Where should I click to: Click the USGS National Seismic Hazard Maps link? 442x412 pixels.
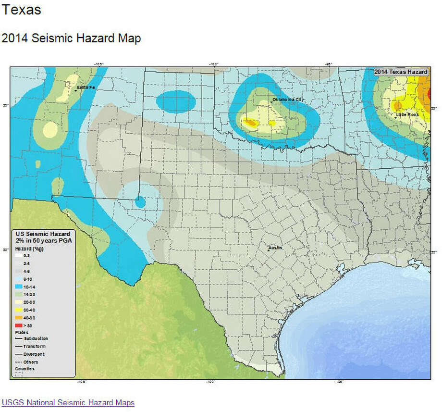pos(68,402)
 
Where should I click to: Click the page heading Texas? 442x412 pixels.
pos(22,10)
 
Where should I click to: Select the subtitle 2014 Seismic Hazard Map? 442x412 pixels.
pos(71,38)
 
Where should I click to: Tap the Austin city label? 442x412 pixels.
pos(275,248)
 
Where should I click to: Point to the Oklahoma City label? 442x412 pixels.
pos(288,100)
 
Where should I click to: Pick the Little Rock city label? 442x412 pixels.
pos(407,115)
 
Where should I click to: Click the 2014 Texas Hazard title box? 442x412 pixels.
pos(401,72)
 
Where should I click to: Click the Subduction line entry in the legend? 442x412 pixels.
pos(32,338)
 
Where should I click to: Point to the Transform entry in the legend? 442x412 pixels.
pos(32,346)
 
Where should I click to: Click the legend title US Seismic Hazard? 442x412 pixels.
pos(43,234)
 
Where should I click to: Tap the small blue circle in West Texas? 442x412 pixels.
pos(140,202)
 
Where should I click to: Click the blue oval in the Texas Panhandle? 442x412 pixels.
pos(176,102)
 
